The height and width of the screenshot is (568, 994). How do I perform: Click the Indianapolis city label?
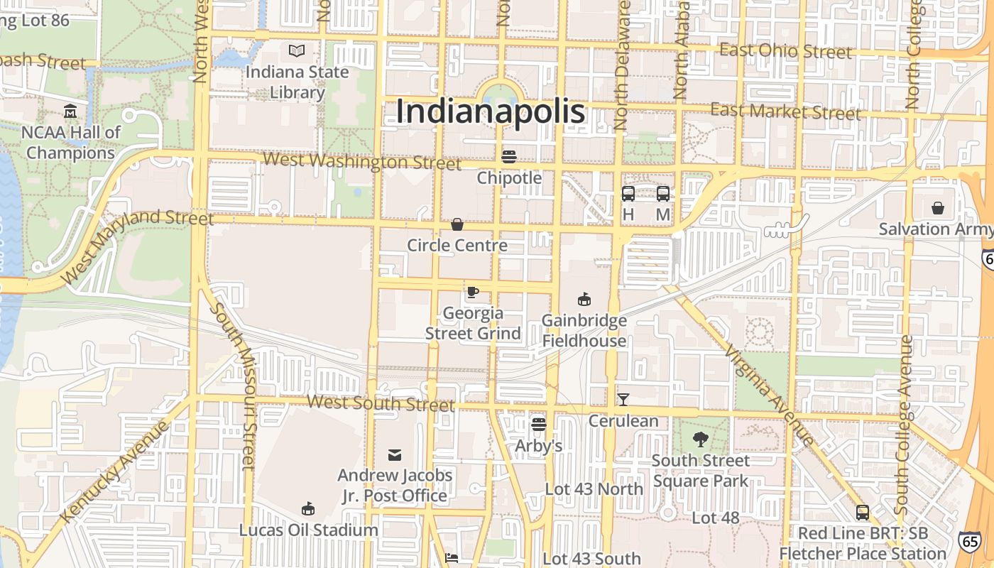[491, 111]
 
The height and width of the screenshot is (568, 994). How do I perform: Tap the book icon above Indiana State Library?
[297, 51]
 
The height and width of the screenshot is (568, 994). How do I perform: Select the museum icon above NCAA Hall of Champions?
[70, 111]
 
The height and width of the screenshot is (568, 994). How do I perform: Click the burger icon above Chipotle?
[509, 156]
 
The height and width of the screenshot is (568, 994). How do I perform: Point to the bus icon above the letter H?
[628, 193]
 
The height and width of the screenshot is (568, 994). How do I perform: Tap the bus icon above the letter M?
[663, 193]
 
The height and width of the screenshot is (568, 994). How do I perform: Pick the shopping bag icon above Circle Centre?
[457, 224]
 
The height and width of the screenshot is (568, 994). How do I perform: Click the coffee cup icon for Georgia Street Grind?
[473, 292]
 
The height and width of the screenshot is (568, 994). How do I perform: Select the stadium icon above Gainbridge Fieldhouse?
[584, 299]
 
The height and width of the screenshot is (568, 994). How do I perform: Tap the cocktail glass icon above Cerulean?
[623, 399]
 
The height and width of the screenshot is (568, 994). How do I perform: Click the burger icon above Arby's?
[539, 425]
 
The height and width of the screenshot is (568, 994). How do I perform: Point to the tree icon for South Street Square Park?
[701, 439]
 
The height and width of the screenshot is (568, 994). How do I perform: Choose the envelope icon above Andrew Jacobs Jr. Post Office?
[395, 454]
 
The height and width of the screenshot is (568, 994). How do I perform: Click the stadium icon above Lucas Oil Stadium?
[308, 508]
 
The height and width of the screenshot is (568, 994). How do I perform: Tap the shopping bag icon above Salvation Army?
[938, 208]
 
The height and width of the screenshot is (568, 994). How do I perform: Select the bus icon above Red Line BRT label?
[863, 512]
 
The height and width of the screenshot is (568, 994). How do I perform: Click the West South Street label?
[381, 403]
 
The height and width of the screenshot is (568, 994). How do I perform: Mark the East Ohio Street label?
[785, 51]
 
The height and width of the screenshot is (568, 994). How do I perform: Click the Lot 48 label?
[716, 518]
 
